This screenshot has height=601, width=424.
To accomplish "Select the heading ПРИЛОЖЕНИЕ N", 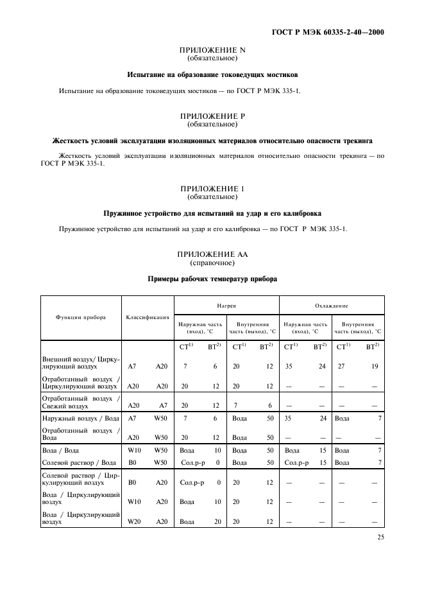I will tap(212, 51).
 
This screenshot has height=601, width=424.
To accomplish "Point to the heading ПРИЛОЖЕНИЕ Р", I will tap(212, 116).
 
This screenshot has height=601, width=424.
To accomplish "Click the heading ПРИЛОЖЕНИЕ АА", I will tap(212, 254).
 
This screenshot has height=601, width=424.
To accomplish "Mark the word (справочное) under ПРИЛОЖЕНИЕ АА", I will tap(212, 263).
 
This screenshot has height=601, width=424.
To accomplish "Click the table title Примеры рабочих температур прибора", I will tap(212, 279).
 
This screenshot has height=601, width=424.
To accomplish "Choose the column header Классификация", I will tap(147, 317).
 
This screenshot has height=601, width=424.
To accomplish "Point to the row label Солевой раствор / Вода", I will tap(78, 462).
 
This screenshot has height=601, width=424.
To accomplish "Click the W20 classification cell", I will tap(133, 521).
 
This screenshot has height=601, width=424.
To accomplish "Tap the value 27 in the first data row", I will tap(341, 367).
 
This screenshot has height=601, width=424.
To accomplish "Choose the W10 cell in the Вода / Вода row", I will tap(133, 451).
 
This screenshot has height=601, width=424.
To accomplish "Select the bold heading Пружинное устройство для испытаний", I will tap(212, 213).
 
